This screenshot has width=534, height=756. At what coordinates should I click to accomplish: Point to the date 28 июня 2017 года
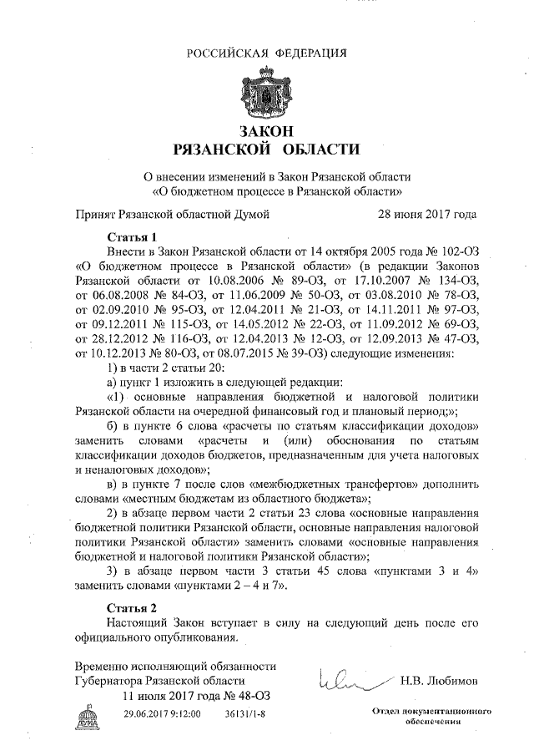427,214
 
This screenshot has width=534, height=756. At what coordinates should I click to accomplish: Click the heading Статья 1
133,236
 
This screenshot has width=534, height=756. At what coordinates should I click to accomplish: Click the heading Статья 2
133,606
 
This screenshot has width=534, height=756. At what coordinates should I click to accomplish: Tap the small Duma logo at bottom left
87,716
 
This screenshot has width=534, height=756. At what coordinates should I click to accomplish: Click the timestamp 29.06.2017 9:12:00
162,715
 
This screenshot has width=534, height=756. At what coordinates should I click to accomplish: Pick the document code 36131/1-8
245,715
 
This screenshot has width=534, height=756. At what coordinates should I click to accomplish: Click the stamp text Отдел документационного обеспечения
429,715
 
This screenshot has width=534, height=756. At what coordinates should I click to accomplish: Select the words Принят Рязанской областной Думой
173,214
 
